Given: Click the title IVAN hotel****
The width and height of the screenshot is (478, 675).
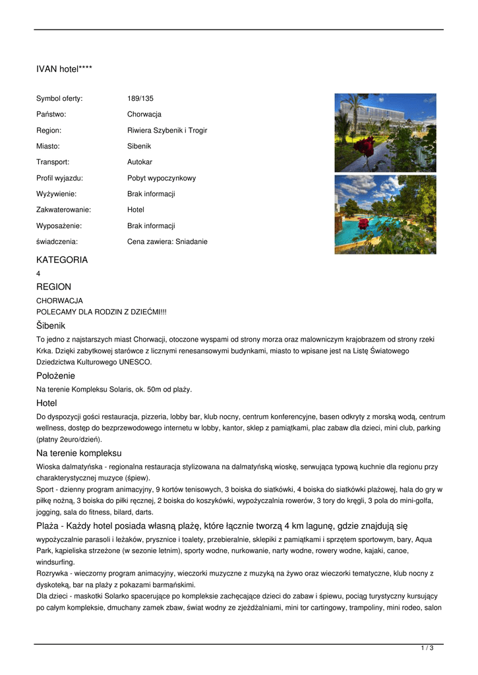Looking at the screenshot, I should click(64, 69).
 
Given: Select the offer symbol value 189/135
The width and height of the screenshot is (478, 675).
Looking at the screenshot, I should click(140, 99).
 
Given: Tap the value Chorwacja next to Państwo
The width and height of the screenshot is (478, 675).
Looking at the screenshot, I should click(144, 115).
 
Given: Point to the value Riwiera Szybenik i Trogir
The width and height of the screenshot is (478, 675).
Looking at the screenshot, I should click(167, 131).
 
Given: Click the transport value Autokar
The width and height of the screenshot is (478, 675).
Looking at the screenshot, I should click(139, 162).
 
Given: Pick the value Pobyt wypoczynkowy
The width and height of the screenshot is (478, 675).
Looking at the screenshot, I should click(161, 178).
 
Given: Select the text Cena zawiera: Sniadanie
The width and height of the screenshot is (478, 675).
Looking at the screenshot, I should click(167, 242).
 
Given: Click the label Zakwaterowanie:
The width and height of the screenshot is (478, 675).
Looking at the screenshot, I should click(63, 210).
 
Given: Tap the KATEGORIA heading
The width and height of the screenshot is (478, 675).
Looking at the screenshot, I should click(62, 260).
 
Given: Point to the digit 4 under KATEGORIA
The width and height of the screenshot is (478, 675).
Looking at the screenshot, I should click(38, 273).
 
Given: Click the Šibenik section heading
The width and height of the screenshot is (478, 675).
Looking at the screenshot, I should click(51, 326).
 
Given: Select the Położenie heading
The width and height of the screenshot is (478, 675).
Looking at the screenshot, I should click(55, 376).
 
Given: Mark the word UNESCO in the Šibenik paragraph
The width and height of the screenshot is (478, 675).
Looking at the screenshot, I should click(136, 362).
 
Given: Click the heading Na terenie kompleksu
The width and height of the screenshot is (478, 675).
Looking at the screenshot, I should click(79, 453).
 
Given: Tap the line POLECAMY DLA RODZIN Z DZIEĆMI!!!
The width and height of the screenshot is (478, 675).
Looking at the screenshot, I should click(101, 311).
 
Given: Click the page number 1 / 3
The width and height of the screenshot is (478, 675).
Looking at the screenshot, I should click(427, 649).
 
